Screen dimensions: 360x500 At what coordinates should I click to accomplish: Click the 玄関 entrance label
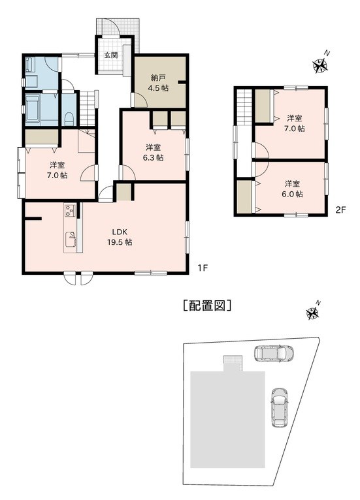pos(111,55)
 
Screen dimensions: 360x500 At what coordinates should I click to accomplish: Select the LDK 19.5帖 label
pos(120,236)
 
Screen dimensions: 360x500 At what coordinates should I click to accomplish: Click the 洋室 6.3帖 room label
pos(154,153)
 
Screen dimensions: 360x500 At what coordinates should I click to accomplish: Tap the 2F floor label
pos(341,210)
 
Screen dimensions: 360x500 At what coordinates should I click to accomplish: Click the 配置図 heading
pos(208,305)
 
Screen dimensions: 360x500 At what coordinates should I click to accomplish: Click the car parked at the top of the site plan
pos(274,353)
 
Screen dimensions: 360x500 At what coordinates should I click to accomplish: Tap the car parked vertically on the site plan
pos(280,407)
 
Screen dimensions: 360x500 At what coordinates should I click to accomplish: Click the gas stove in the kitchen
pos(70,210)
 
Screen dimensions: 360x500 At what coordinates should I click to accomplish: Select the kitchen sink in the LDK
pos(71,240)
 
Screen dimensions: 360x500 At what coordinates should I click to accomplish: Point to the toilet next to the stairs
pos(69,119)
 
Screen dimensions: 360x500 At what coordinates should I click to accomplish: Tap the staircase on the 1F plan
pos(87,108)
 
